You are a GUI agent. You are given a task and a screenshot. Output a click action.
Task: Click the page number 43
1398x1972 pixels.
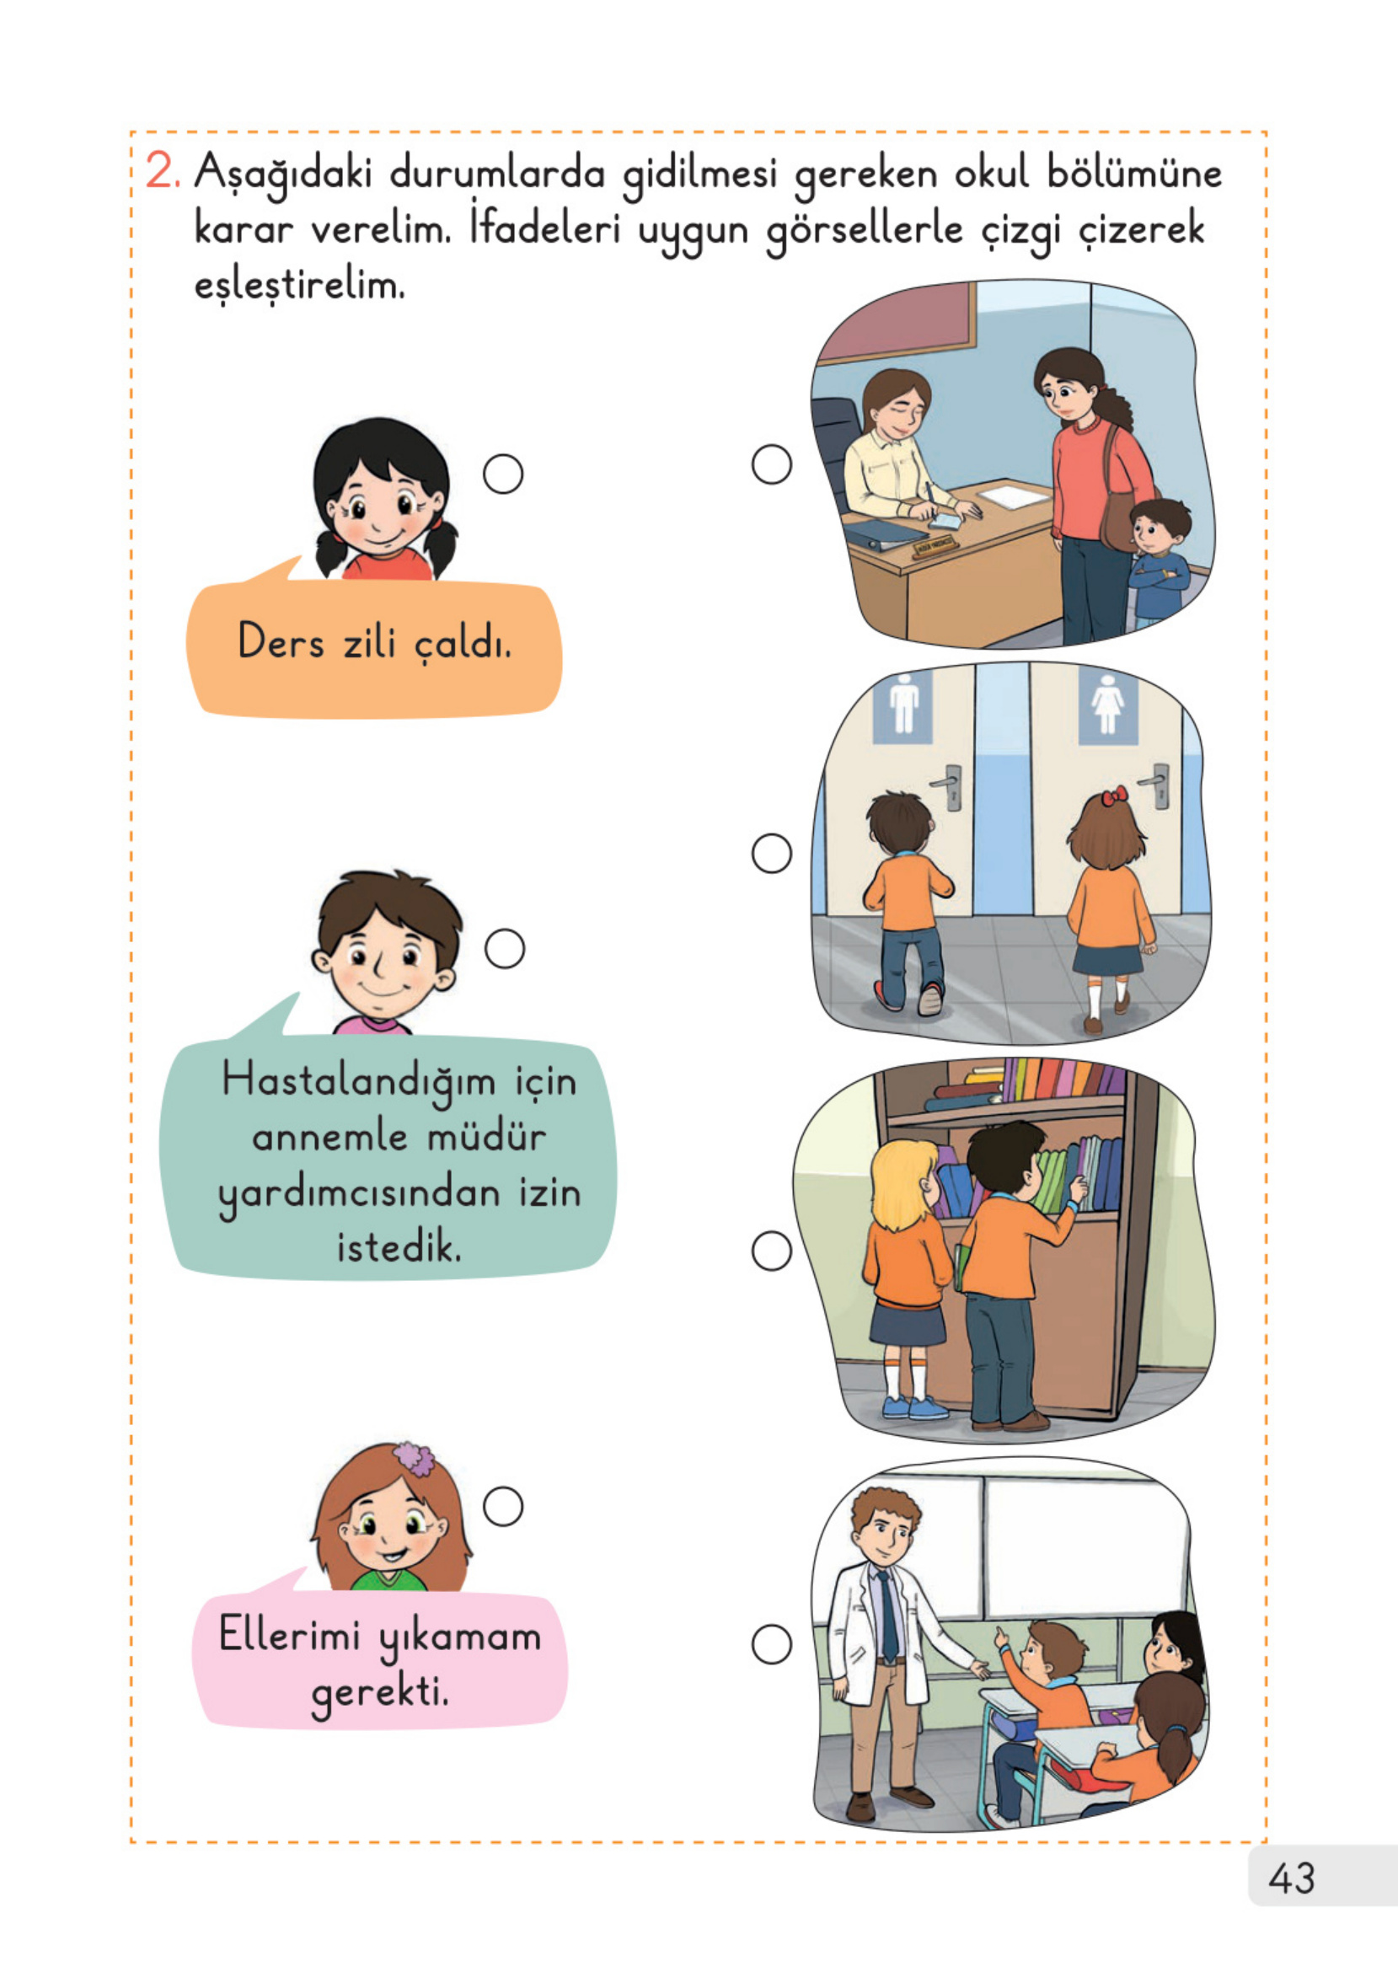click(x=1290, y=1878)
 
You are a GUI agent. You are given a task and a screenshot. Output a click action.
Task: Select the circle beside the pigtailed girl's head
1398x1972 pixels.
click(x=503, y=474)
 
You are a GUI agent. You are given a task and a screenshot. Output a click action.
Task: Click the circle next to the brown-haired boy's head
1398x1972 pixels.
click(x=505, y=949)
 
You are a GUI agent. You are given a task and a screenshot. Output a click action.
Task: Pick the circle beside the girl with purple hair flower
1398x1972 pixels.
click(x=503, y=1506)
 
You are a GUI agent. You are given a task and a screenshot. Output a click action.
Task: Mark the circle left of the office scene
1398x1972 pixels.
click(x=771, y=464)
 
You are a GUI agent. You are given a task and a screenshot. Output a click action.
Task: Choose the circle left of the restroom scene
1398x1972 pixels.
click(x=771, y=853)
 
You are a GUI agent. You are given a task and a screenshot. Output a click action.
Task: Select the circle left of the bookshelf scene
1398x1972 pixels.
click(x=771, y=1251)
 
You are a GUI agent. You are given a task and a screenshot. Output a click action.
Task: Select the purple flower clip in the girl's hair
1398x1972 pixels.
click(x=414, y=1458)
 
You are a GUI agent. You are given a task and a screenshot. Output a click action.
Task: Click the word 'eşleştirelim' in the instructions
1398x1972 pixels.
click(x=298, y=285)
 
